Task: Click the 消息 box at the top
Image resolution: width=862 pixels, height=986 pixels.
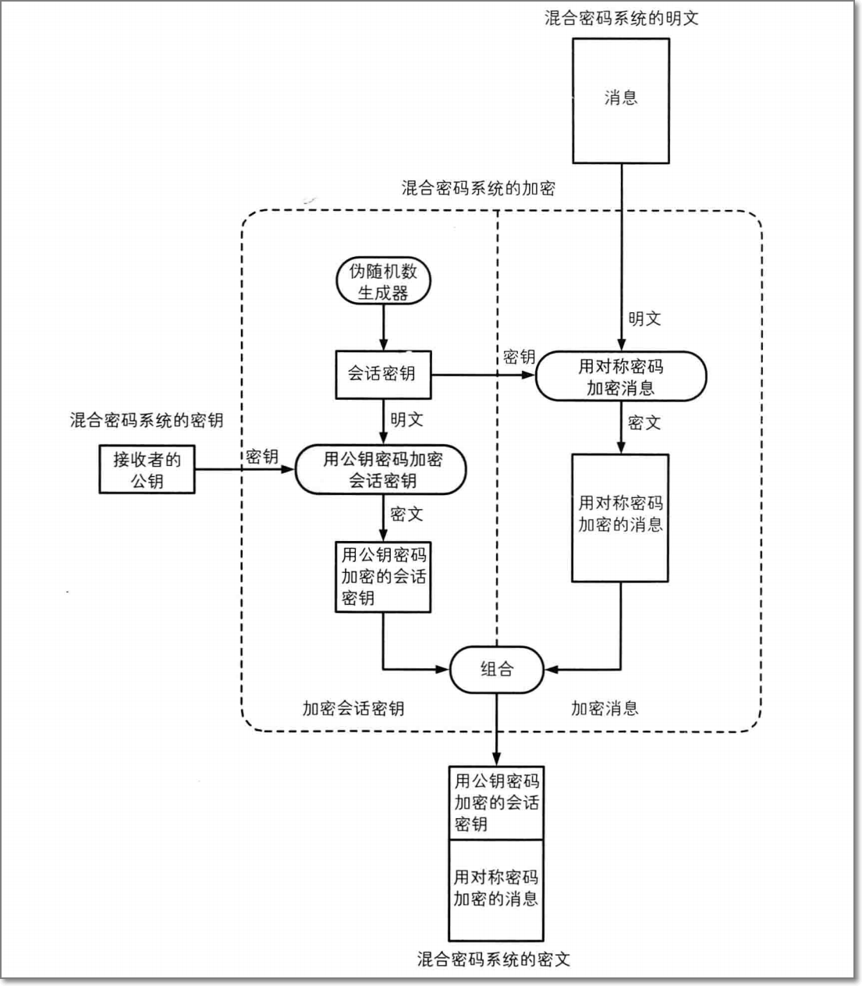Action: pyautogui.click(x=620, y=100)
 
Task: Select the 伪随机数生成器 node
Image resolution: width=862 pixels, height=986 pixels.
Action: pyautogui.click(x=383, y=282)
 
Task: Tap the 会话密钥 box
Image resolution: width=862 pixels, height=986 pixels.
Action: pyautogui.click(x=383, y=374)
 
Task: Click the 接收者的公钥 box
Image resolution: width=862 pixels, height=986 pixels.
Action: pyautogui.click(x=147, y=469)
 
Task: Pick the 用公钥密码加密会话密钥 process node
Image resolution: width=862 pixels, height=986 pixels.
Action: pyautogui.click(x=381, y=470)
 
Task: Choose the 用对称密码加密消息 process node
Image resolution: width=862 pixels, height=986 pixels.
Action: pyautogui.click(x=620, y=376)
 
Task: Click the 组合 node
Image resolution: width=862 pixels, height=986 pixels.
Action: pyautogui.click(x=496, y=669)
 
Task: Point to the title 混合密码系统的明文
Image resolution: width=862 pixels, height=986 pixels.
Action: pyautogui.click(x=621, y=18)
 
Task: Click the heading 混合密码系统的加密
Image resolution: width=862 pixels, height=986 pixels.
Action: pyautogui.click(x=478, y=188)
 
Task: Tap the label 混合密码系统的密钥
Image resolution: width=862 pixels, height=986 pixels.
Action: pyautogui.click(x=147, y=420)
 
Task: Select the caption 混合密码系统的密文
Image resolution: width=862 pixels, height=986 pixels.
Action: pyautogui.click(x=494, y=959)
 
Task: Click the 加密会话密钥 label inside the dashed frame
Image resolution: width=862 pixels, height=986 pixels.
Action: pyautogui.click(x=353, y=709)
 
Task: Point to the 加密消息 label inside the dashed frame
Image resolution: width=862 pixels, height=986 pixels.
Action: pyautogui.click(x=605, y=709)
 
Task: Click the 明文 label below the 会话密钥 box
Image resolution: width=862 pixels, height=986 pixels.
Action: pyautogui.click(x=406, y=419)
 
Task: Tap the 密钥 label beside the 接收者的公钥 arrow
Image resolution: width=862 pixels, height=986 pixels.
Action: pyautogui.click(x=262, y=457)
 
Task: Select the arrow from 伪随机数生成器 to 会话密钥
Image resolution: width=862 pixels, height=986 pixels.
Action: pyautogui.click(x=383, y=328)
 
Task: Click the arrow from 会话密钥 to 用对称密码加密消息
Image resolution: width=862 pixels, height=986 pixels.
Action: pyautogui.click(x=484, y=375)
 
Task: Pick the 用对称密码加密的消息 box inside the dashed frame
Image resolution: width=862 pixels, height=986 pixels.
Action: pyautogui.click(x=620, y=517)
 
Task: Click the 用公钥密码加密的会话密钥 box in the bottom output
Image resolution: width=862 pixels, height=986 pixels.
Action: pyautogui.click(x=496, y=803)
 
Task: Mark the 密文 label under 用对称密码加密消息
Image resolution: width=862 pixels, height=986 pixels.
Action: pyautogui.click(x=644, y=422)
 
